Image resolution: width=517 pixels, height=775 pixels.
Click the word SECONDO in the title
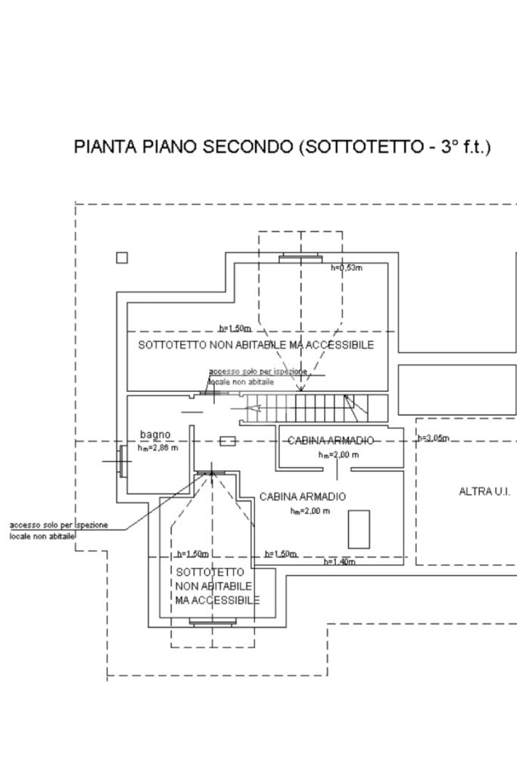coord(247,147)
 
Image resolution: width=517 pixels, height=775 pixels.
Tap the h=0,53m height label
coord(347,268)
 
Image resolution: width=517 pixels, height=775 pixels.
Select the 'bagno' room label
coord(155,434)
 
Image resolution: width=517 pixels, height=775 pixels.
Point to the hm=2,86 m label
coord(157,448)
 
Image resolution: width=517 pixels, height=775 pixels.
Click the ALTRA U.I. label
coord(484,492)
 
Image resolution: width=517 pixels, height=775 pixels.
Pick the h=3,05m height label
coord(434,439)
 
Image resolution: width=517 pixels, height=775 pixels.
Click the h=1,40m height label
coord(340,562)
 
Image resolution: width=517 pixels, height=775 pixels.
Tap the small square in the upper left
coord(122,258)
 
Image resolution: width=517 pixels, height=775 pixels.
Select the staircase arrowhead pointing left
coord(254,409)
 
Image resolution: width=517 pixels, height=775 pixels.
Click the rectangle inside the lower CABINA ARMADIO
coord(359,529)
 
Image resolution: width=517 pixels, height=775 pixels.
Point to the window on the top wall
coord(301,259)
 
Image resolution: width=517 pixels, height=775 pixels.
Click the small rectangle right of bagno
coord(227,440)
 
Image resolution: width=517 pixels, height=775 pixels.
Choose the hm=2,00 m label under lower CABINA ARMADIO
coord(310,512)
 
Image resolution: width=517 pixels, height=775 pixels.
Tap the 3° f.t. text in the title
coord(465,147)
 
